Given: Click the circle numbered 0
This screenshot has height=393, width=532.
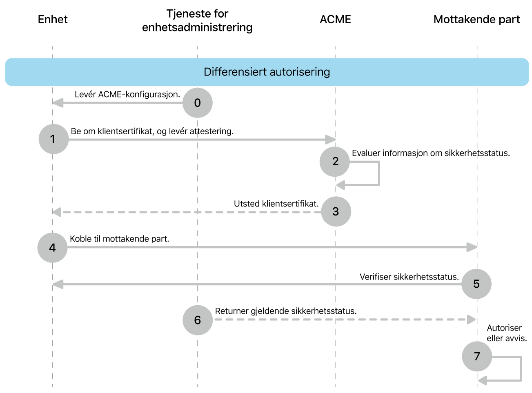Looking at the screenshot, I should [197, 103].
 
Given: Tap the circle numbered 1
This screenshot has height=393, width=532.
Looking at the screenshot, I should [53, 139].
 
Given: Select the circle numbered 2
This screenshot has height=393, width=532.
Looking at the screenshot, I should [335, 162].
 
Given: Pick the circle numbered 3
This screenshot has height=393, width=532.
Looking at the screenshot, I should [336, 211].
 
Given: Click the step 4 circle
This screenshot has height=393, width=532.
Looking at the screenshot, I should [52, 248].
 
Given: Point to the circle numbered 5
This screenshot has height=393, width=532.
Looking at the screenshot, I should [476, 284].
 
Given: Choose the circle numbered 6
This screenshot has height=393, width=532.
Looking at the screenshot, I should [198, 320].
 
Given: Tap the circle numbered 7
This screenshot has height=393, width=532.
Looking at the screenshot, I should [476, 356].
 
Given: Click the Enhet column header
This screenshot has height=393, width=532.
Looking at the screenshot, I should [53, 20].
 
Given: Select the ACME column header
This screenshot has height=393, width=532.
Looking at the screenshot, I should [335, 20].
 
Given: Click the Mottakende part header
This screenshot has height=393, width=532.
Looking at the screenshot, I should [476, 20].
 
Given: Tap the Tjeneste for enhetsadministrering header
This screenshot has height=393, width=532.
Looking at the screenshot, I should [197, 20].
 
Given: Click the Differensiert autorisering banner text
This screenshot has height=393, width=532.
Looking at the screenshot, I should [267, 72].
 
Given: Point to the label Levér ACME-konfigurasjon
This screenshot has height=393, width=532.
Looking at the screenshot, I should [127, 94].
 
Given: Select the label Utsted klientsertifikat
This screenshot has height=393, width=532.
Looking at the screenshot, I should [276, 204].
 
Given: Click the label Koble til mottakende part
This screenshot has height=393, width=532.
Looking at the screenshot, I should [119, 239].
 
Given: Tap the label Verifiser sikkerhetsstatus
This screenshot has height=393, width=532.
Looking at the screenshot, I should [409, 277].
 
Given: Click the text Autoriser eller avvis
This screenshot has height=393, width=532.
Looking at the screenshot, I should [506, 333].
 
